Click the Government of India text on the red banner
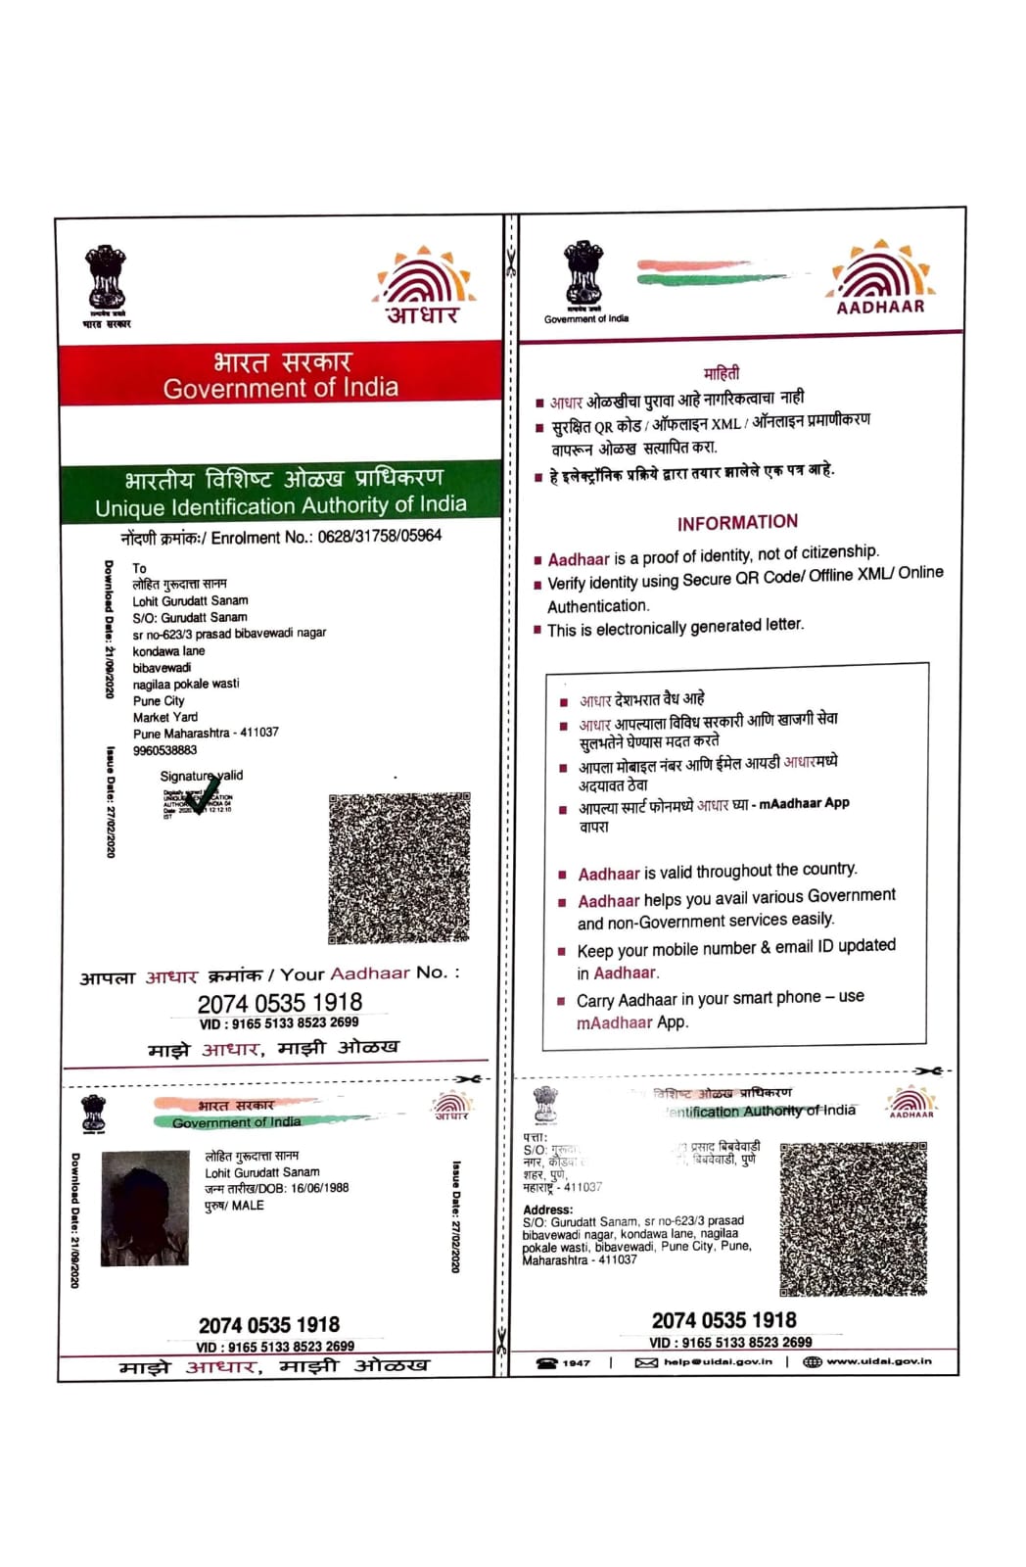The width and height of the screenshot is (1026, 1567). (x=280, y=388)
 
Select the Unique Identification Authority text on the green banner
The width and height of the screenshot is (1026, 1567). (x=280, y=506)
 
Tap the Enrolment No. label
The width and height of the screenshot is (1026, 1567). (x=261, y=538)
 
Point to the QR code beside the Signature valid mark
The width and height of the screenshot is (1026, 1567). (x=398, y=868)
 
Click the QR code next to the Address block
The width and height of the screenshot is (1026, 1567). (x=853, y=1217)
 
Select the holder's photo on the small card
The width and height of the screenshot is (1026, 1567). (x=145, y=1208)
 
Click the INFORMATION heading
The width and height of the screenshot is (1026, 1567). (x=737, y=522)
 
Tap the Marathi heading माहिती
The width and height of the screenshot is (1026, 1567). (x=722, y=373)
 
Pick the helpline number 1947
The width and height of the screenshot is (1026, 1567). (x=576, y=1362)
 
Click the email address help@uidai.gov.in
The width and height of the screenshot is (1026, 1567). (x=717, y=1361)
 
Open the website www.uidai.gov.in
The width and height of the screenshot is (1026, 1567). (x=878, y=1361)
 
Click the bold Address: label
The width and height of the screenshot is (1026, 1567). (x=547, y=1210)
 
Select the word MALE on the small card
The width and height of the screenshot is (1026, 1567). (x=247, y=1206)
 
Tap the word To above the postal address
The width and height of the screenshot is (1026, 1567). (x=139, y=568)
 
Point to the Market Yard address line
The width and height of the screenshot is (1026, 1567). (x=165, y=717)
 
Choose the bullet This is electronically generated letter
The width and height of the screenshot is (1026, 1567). (x=675, y=627)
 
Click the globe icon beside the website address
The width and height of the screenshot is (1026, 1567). (x=812, y=1361)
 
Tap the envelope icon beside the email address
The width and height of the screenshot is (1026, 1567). (x=646, y=1362)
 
